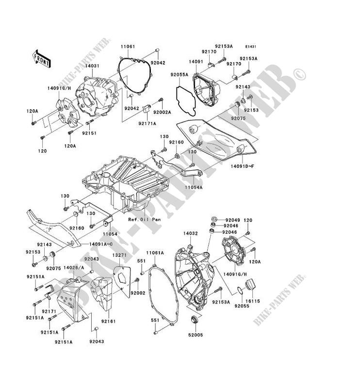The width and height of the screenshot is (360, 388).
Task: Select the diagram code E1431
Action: click(x=250, y=47)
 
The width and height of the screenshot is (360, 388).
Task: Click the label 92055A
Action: click(x=179, y=75)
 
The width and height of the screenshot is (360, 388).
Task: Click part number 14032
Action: click(x=190, y=233)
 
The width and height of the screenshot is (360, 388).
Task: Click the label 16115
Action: click(x=254, y=301)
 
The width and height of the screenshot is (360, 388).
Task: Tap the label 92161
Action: click(x=108, y=322)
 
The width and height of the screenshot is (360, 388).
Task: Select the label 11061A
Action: click(x=155, y=253)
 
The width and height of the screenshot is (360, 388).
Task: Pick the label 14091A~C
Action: click(x=101, y=244)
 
